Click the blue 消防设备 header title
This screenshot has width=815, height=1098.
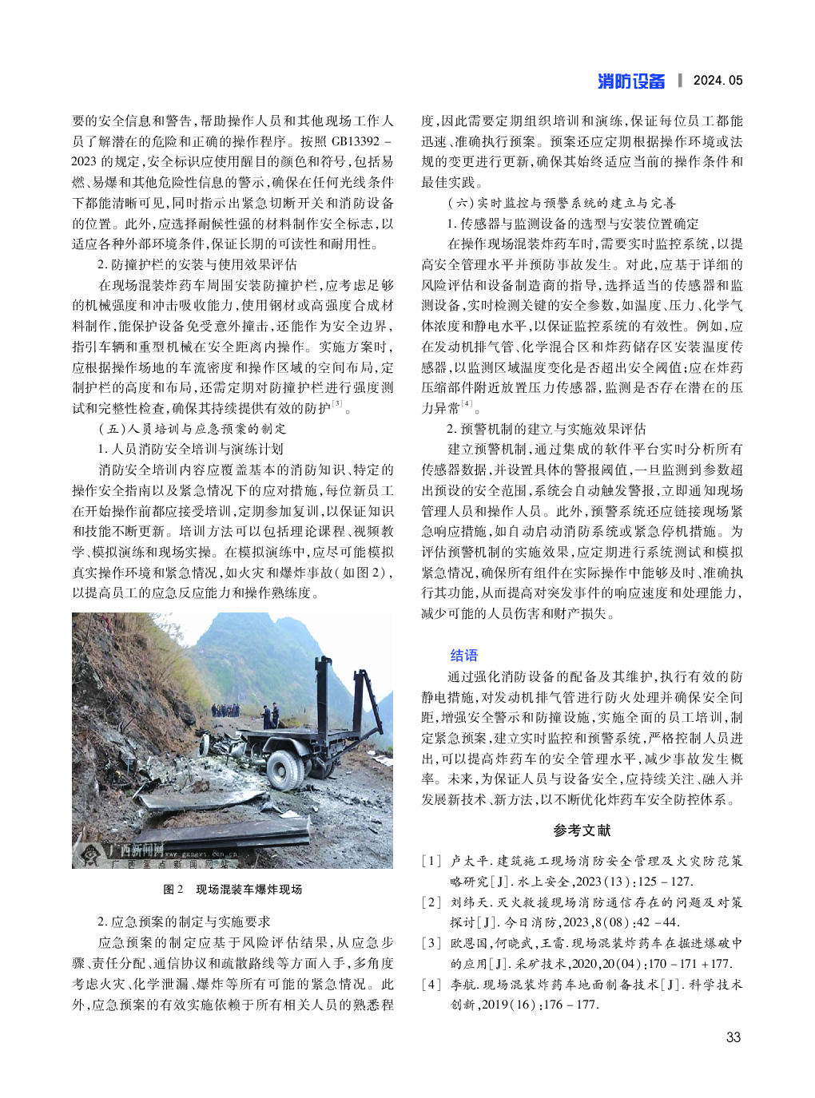630,81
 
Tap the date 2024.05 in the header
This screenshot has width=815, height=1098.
718,81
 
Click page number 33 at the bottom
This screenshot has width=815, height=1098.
733,1037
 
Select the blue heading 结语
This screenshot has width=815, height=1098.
463,656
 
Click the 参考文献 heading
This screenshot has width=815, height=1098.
582,830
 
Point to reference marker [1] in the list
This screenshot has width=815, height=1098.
431,861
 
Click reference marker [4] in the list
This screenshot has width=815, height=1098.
431,984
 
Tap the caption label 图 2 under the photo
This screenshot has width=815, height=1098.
173,890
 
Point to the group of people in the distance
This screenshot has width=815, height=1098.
228,710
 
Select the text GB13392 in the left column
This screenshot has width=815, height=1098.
355,141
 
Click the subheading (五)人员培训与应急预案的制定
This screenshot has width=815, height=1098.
191,429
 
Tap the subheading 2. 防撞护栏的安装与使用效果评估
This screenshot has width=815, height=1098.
197,264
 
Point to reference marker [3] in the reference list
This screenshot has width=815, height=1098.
431,943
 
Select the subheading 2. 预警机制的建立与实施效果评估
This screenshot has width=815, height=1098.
546,429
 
